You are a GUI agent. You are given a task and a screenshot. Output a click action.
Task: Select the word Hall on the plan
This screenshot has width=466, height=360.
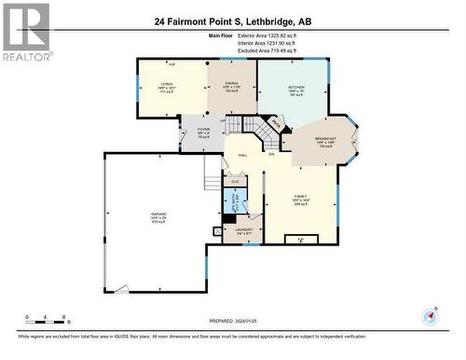(x=242, y=155)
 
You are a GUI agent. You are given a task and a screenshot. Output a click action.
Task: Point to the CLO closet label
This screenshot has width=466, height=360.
(x=235, y=181)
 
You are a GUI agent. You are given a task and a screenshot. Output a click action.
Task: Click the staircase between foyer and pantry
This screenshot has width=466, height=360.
(x=252, y=132)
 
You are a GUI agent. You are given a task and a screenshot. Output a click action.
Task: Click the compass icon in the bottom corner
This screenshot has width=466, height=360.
(x=430, y=315)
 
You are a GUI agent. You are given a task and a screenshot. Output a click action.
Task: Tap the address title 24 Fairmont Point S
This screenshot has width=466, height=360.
(x=233, y=21)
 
